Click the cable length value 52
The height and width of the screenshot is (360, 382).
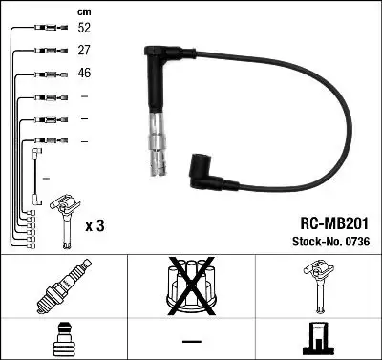(x=83, y=28)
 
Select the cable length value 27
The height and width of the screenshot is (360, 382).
(x=83, y=50)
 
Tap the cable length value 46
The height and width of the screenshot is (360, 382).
(x=83, y=73)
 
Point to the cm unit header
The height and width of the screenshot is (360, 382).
(x=82, y=11)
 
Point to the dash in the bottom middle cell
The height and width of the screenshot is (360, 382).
(x=192, y=341)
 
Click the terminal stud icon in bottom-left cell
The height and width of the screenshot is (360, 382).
(x=63, y=339)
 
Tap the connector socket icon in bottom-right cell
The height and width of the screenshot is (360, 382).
(x=318, y=340)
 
